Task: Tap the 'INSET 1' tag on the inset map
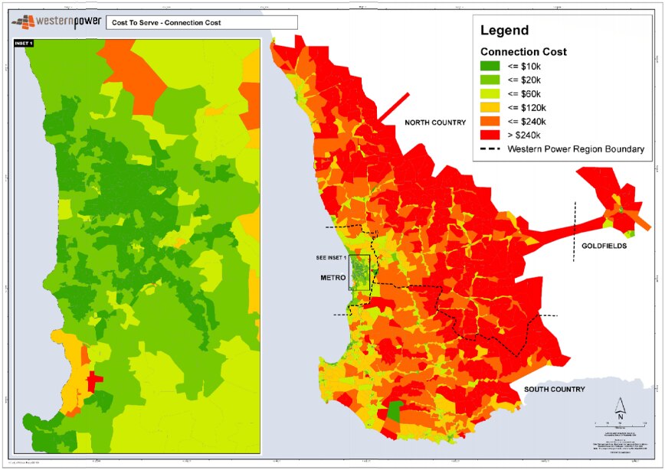(24, 44)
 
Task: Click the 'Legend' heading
(504, 31)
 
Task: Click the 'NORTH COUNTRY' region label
(435, 123)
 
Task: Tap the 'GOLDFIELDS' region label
(603, 246)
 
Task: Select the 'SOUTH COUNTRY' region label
(555, 390)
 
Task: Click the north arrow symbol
(622, 408)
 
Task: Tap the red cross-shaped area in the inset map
(93, 380)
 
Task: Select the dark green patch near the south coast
(394, 412)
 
